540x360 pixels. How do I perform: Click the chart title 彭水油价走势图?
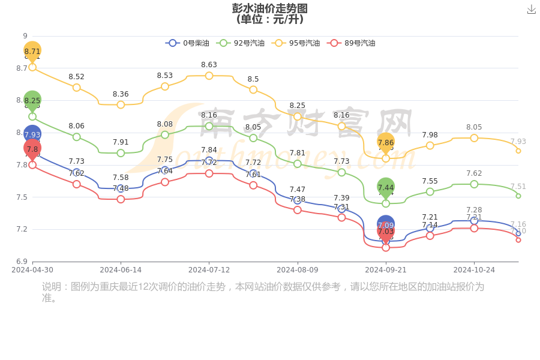point(270,8)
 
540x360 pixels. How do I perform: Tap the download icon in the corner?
point(531,10)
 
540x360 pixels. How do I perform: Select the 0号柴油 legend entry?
point(188,43)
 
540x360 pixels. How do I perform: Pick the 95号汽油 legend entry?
point(296,43)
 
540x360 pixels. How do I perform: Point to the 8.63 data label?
point(209,65)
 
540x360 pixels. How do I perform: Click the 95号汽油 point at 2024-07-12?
point(209,76)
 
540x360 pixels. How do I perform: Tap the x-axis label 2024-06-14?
point(121,270)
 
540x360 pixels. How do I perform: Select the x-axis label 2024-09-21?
point(386,270)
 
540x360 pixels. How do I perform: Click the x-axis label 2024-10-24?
point(474,270)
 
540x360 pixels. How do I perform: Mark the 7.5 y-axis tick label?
point(22,197)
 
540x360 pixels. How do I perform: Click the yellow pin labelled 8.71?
point(32,51)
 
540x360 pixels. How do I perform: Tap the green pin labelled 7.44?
point(386,187)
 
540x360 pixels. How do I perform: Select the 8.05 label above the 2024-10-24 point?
point(474,127)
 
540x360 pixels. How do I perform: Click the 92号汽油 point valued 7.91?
point(121,153)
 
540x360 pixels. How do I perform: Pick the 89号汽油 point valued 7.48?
point(121,199)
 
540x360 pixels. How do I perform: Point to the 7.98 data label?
point(430,135)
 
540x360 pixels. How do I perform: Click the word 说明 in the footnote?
point(52,287)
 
